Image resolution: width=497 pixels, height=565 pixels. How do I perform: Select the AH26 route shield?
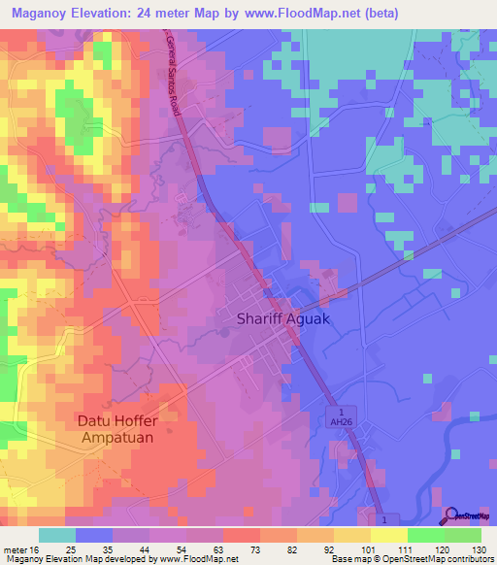tap(335, 420)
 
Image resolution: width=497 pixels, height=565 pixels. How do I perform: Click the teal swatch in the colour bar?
tap(57, 535)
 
